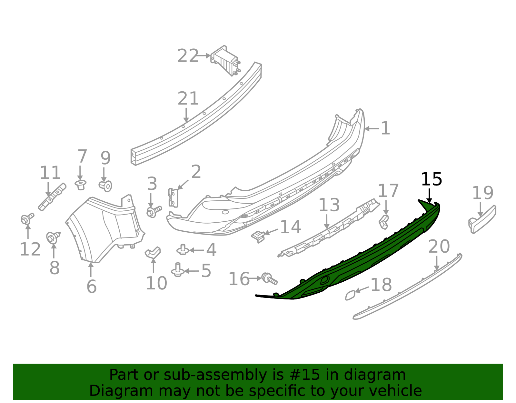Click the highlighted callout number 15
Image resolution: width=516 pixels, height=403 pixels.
click(431, 179)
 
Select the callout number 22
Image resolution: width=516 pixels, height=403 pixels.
click(188, 56)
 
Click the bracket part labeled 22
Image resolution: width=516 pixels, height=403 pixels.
click(226, 61)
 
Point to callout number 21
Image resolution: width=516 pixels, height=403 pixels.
click(188, 99)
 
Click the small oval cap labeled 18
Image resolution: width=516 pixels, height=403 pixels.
click(350, 295)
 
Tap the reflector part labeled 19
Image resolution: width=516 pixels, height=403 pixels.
click(482, 219)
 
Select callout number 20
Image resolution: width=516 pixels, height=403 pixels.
click(439, 247)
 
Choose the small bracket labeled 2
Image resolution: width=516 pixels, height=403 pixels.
click(173, 197)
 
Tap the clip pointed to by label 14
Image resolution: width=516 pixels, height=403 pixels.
click(258, 236)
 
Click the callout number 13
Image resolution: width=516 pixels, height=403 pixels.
click(329, 205)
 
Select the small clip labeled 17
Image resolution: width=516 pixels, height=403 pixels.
click(384, 221)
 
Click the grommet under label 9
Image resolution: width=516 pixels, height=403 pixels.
click(106, 186)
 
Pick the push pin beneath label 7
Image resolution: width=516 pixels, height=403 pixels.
click(81, 185)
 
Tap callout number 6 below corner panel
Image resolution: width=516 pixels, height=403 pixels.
click(92, 286)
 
